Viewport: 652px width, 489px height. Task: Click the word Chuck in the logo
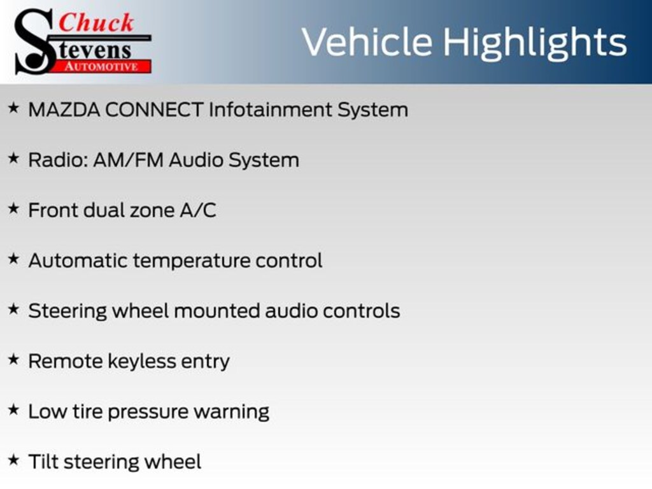tap(96, 22)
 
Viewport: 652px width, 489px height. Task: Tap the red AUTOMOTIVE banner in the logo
tap(102, 66)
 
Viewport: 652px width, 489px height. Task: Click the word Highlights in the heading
tap(535, 43)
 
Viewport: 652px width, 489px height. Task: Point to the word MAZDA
tap(64, 110)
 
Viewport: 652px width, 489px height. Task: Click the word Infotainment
tap(269, 110)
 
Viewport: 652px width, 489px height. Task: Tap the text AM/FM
tap(129, 160)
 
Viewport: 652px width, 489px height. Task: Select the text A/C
tap(198, 210)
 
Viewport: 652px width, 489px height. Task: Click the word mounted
tap(216, 311)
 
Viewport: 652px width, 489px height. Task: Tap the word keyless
tap(142, 362)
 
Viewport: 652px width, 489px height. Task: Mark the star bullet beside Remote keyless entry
tap(14, 359)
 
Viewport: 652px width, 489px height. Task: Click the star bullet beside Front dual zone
tap(14, 208)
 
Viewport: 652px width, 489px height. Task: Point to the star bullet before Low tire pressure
tap(14, 409)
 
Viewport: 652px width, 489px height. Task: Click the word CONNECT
tap(154, 110)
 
